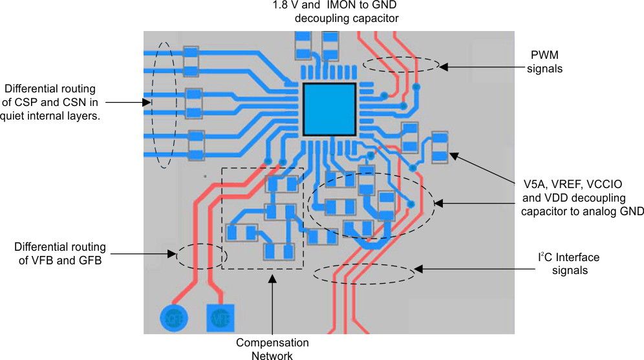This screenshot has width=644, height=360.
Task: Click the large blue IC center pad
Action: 329,109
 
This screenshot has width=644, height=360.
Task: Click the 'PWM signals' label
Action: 544,62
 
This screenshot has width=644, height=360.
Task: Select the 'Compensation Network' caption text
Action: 272,349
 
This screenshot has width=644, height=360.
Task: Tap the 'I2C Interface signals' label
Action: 569,264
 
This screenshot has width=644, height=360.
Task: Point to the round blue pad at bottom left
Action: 173,317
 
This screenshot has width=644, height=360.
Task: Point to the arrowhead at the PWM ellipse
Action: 444,66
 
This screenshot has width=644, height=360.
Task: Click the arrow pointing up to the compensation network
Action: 272,304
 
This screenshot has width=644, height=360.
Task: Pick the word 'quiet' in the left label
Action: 16,116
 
